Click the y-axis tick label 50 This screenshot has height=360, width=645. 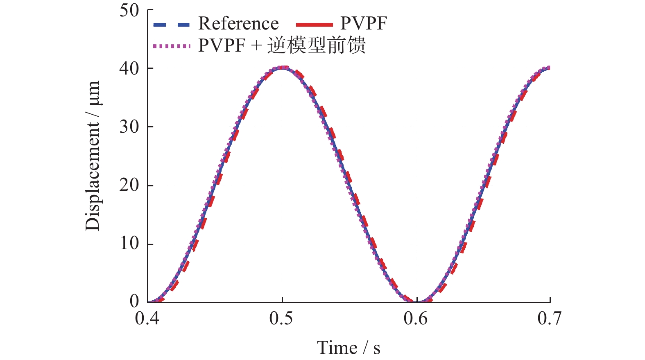129,10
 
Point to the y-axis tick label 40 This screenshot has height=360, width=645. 129,68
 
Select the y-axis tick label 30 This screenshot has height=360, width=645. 129,127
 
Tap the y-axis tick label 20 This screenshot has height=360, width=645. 129,186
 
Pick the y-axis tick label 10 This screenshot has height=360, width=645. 129,244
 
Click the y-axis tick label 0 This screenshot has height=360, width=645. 134,301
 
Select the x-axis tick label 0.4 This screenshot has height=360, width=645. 147,318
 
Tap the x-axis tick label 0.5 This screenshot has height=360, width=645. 281,318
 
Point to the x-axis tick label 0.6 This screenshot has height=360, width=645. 416,318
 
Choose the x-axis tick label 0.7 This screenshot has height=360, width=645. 550,318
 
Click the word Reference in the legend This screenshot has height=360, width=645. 238,24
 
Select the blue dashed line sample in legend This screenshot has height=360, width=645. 171,25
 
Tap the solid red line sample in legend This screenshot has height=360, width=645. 314,25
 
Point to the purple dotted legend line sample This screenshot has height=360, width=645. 172,46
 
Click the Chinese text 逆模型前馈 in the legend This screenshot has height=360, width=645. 317,45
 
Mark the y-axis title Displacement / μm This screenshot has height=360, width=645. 93,156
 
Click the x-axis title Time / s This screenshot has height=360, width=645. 349,348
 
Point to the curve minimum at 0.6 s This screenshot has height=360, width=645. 416,301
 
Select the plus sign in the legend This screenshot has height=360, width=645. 256,45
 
